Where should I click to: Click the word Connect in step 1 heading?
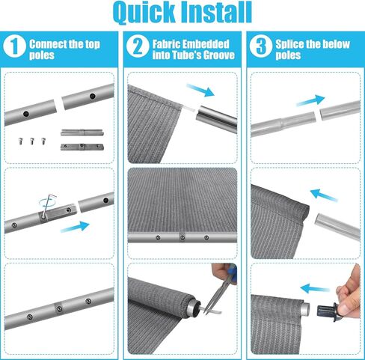coord(48,44)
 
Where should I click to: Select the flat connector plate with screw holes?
coord(78,143)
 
